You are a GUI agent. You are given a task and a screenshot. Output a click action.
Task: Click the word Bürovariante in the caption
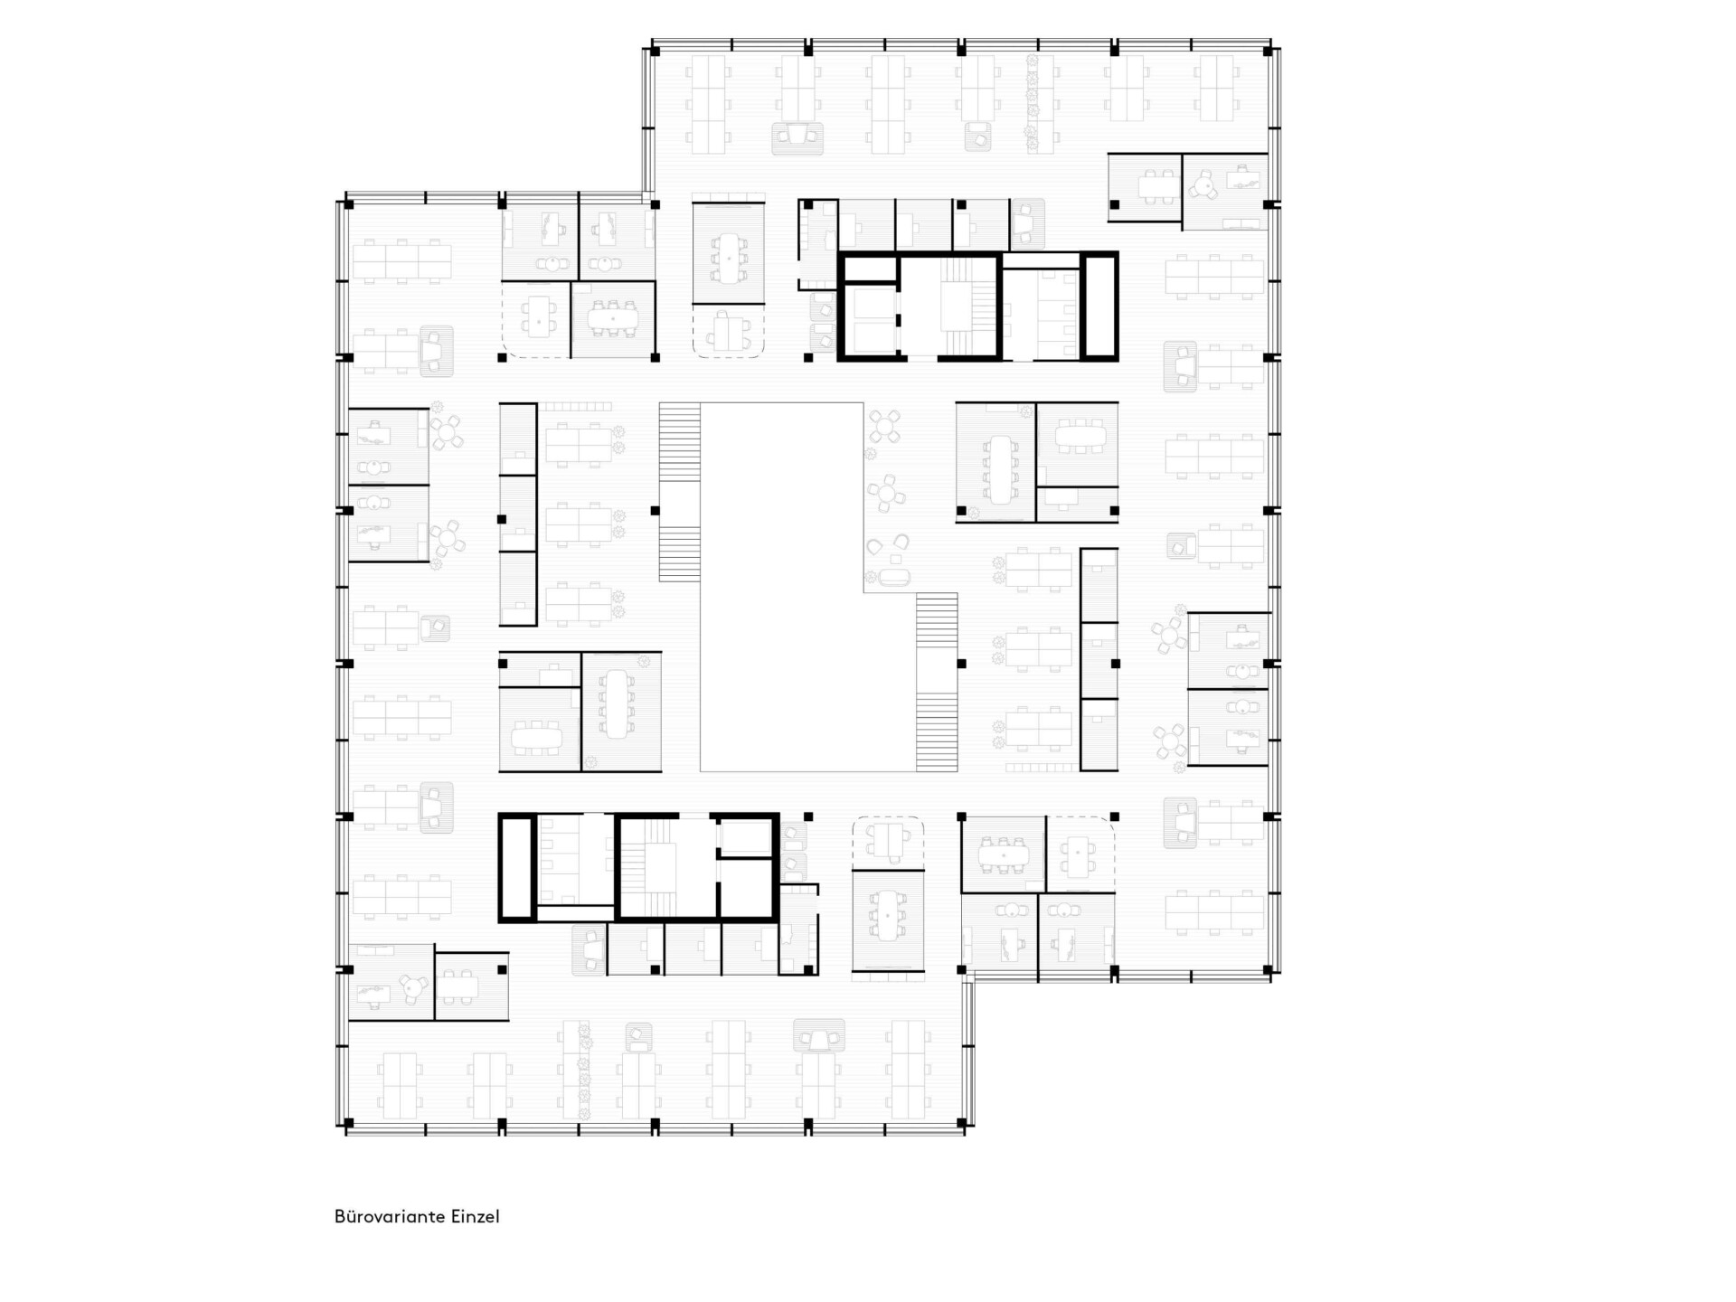[x=390, y=1216]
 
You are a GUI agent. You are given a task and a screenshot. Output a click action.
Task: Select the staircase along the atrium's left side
[x=679, y=491]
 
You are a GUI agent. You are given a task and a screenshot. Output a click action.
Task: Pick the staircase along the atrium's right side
[x=937, y=682]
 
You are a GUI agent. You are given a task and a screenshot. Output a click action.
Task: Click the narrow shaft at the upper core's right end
[x=1099, y=307]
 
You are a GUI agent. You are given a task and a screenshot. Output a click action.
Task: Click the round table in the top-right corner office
[x=1203, y=186]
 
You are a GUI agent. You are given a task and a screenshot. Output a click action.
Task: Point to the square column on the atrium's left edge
[x=656, y=511]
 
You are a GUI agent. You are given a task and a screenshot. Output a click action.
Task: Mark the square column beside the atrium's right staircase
[x=962, y=664]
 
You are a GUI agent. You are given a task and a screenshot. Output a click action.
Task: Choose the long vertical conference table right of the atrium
[x=1000, y=469]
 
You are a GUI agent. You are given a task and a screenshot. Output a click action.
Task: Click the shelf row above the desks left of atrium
[x=577, y=407]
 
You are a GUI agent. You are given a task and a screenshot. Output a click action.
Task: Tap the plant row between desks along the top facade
[x=1032, y=99]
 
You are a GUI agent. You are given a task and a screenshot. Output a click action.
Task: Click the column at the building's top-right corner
[x=1268, y=52]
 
